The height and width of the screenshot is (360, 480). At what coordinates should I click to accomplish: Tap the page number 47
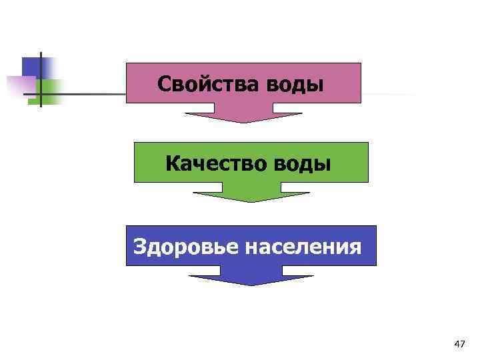point(459,344)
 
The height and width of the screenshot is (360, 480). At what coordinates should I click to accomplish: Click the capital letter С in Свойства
point(165,85)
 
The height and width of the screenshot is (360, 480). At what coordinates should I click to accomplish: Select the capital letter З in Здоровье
point(141,247)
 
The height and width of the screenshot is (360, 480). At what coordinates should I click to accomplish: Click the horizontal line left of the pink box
point(93,93)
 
